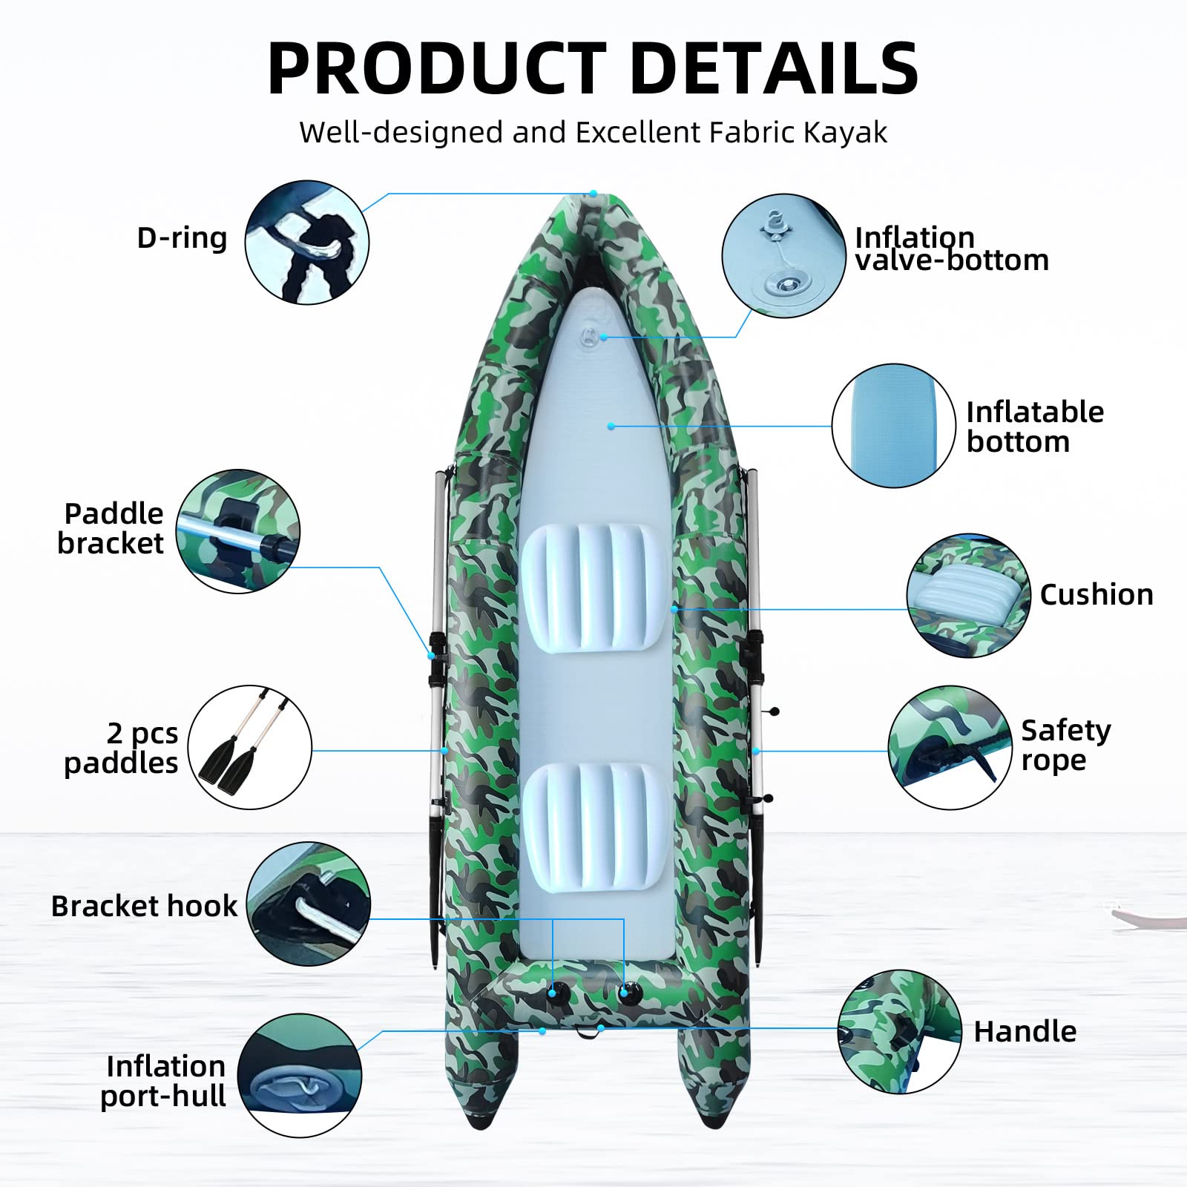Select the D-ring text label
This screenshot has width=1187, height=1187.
182,238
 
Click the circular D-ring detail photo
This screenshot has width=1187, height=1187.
306,242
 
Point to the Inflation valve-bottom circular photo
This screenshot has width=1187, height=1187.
783,256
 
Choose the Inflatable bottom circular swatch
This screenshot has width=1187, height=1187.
893,426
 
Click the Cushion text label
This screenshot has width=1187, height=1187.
1096,594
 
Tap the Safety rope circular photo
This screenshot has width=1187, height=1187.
950,747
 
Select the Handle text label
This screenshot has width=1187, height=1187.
1025,1031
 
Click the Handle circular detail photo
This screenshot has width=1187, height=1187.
899,1032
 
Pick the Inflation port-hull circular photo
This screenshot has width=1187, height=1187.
300,1075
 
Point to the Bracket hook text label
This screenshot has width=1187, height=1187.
144,906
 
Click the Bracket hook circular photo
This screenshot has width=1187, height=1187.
309,904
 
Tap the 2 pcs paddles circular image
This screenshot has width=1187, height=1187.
250,747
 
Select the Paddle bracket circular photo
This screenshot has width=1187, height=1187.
238,531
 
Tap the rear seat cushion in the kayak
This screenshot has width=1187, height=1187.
594,826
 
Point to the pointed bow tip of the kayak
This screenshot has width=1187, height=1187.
593,194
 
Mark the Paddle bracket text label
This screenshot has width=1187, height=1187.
111,528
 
